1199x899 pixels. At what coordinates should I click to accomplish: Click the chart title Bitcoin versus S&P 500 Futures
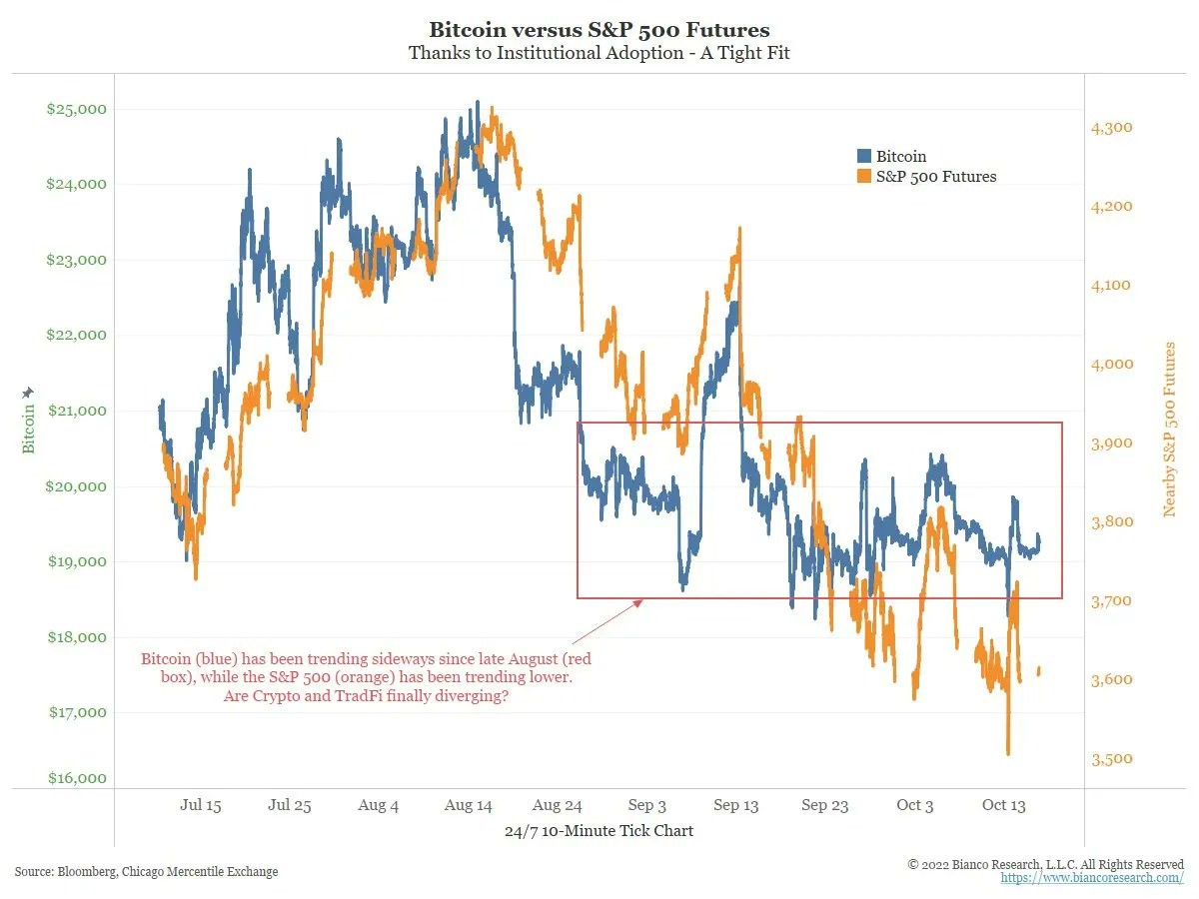tap(599, 30)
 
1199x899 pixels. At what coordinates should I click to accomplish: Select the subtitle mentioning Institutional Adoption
tap(599, 53)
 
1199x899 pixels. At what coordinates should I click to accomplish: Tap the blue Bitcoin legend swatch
tap(864, 156)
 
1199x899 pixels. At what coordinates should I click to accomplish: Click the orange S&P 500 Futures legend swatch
tap(864, 177)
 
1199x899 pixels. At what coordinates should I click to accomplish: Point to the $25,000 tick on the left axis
tap(77, 109)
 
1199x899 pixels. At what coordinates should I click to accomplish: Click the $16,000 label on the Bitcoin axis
tap(77, 778)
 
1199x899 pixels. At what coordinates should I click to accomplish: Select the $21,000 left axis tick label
tap(77, 411)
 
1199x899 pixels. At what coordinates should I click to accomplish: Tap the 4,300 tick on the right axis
tap(1112, 128)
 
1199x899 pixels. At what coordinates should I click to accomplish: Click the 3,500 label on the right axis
tap(1112, 759)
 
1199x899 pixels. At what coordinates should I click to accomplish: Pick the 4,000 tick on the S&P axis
tap(1112, 364)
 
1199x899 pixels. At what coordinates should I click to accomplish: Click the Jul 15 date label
tap(201, 805)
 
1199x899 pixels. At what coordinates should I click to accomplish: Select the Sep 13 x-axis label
tap(735, 805)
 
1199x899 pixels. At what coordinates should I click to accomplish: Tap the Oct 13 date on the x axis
tap(1003, 805)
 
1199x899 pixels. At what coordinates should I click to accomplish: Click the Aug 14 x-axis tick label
tap(469, 805)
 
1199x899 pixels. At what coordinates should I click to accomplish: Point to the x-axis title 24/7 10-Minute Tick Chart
tap(599, 831)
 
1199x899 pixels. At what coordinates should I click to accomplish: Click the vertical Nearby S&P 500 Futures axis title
tap(1169, 430)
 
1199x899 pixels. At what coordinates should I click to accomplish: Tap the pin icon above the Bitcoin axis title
tap(28, 393)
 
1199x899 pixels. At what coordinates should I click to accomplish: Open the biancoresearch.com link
tap(1092, 878)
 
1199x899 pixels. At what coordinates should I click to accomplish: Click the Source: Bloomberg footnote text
tap(147, 872)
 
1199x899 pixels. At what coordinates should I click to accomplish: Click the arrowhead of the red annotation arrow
tap(639, 602)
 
